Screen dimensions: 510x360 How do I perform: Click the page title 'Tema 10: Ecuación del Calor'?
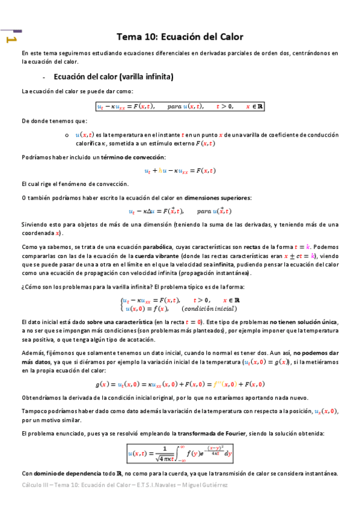180,37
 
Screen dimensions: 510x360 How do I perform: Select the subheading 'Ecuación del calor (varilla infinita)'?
113,77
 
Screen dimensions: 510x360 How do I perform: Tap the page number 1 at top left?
11,40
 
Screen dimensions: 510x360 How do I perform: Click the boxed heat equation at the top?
180,106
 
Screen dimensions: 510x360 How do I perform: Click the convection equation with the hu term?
180,170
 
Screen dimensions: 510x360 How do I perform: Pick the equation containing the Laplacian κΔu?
180,211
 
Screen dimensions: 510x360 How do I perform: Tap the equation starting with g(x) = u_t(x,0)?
180,384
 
